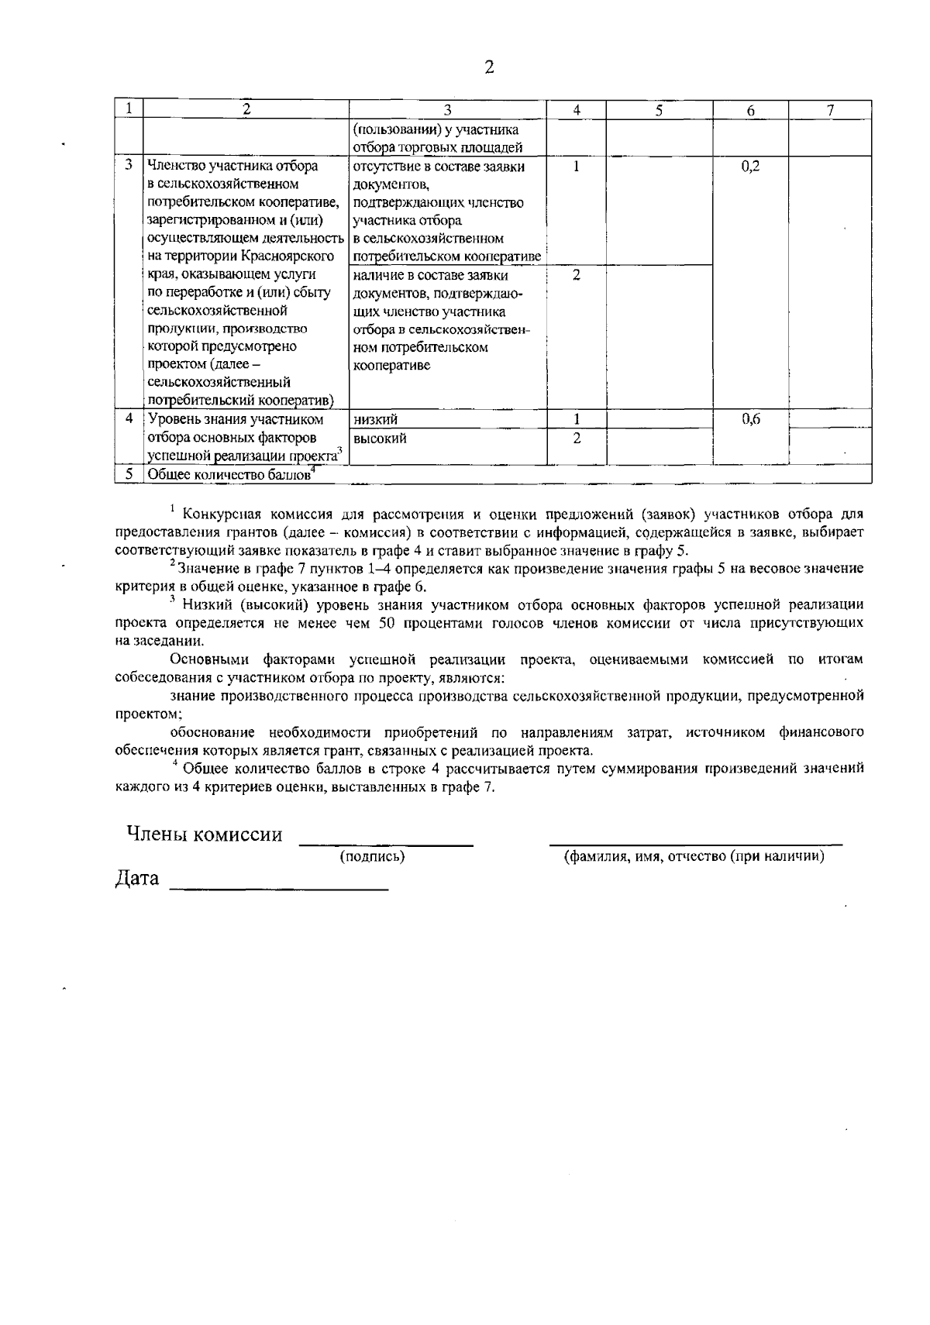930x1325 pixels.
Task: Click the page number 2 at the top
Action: tap(488, 67)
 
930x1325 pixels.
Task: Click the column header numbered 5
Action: tap(658, 110)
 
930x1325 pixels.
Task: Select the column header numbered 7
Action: tap(829, 110)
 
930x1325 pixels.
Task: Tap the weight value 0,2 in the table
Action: tap(749, 167)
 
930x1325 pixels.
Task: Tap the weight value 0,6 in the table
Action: tap(749, 419)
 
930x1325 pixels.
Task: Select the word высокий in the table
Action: tap(379, 439)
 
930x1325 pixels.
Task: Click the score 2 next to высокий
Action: tap(576, 438)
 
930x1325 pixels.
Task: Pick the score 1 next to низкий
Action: tap(577, 419)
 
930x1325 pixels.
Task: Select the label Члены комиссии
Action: tap(205, 835)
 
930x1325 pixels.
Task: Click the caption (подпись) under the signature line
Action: tap(373, 856)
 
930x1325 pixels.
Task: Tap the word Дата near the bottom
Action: tap(137, 879)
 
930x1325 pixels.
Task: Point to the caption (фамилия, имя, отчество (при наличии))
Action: tap(694, 856)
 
